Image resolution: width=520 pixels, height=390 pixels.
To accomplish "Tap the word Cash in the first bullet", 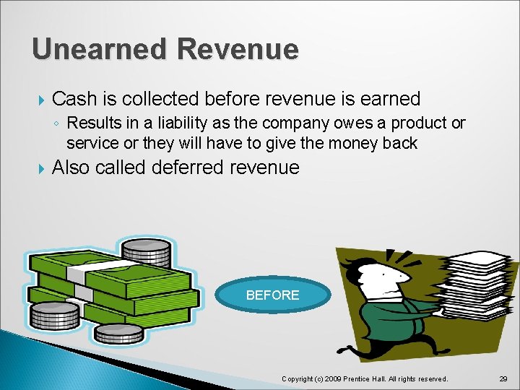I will pos(77,98).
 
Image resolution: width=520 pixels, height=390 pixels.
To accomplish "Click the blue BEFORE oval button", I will pos(272,295).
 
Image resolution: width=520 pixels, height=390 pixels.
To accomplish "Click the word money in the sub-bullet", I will pos(355,143).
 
